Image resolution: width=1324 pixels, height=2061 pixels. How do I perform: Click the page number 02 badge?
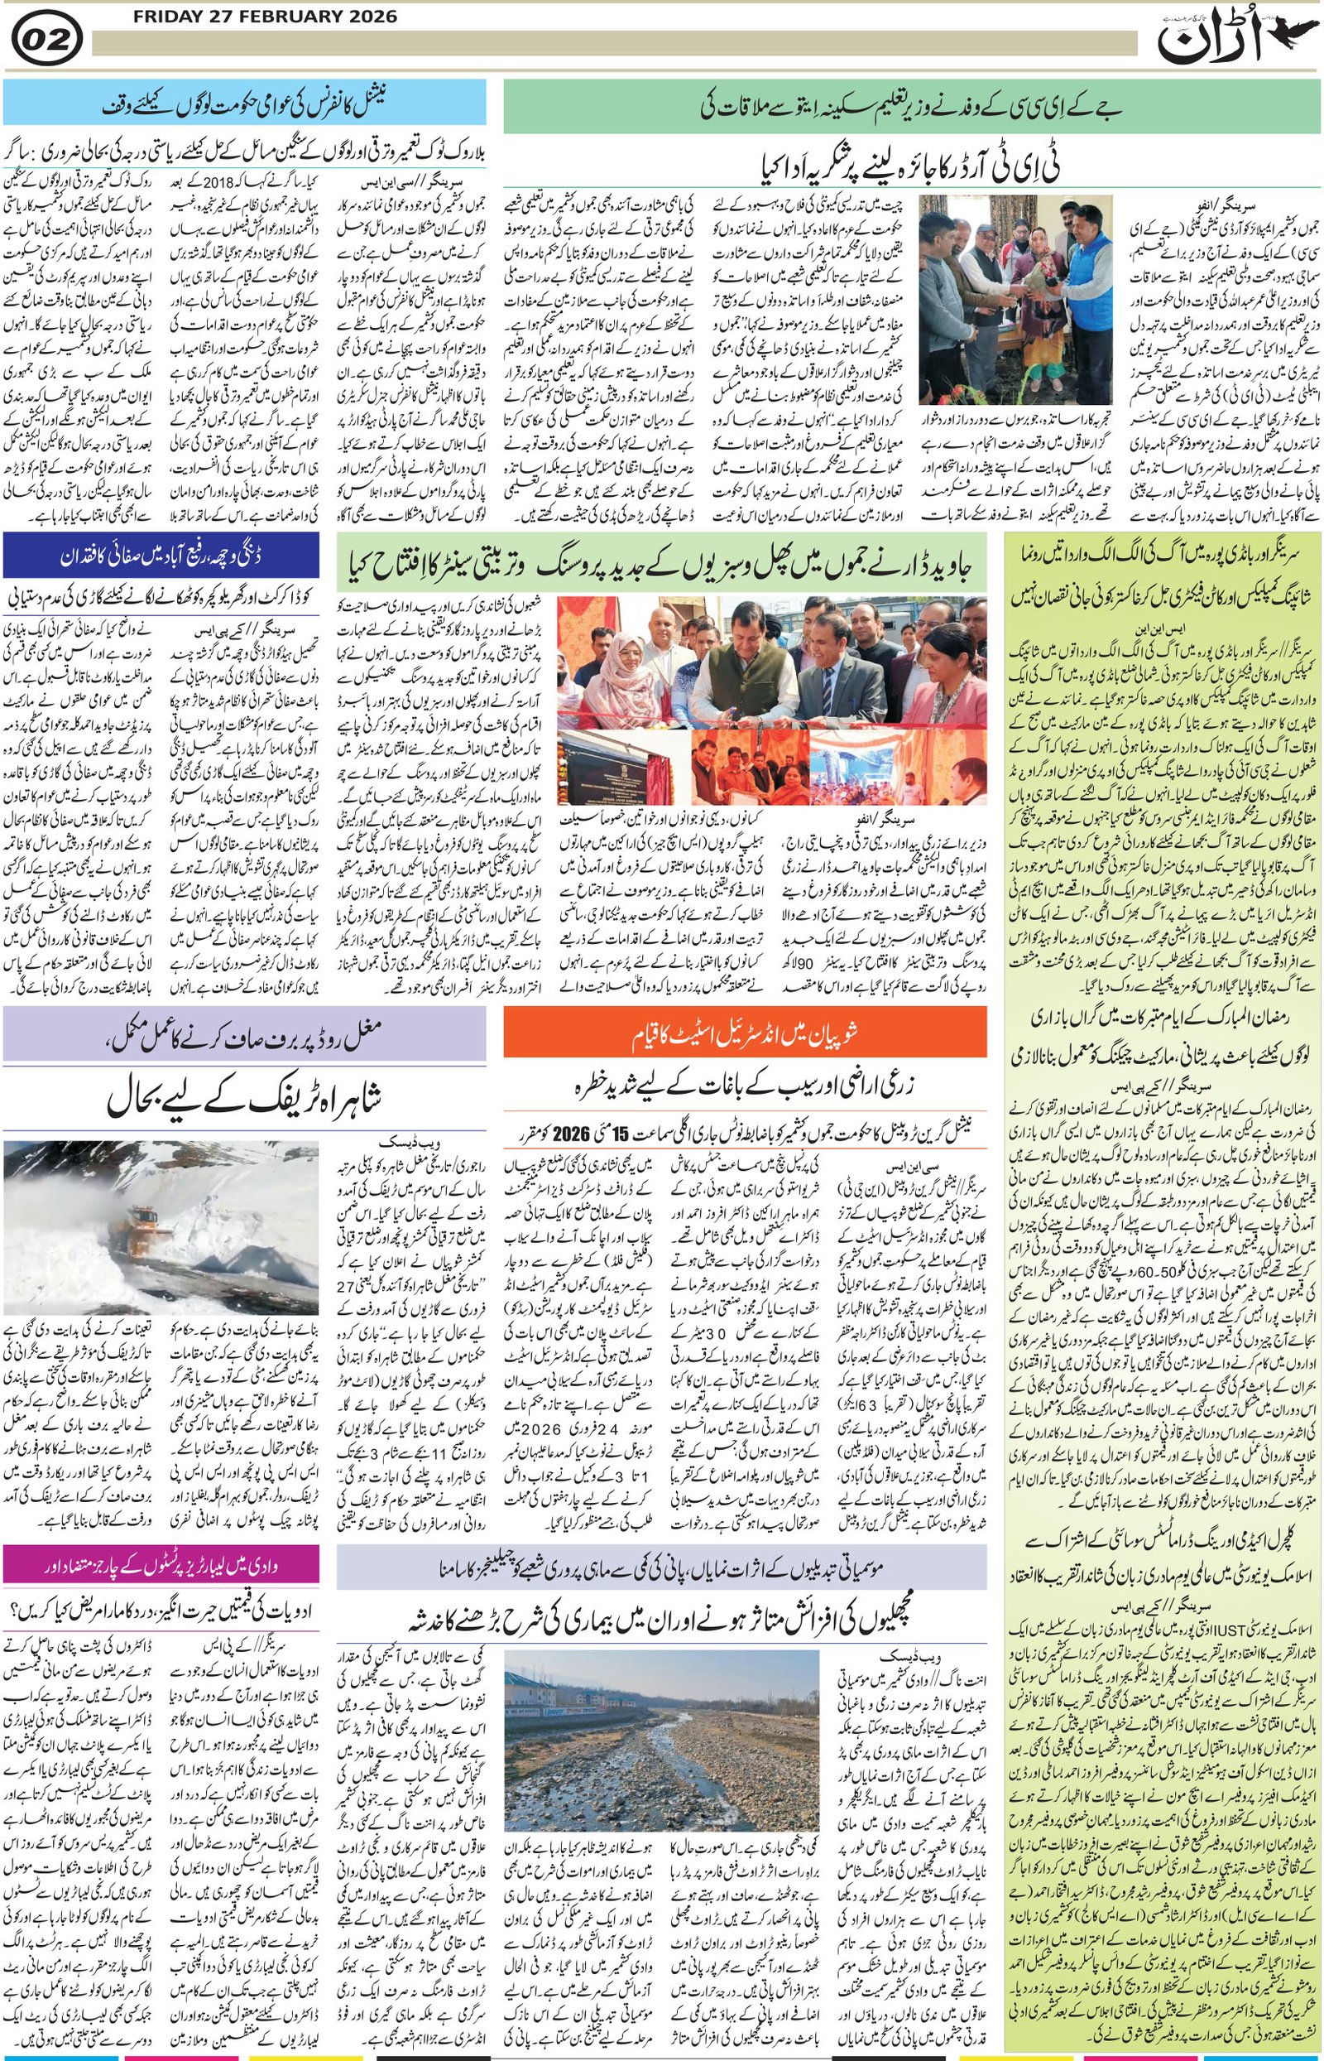tap(48, 41)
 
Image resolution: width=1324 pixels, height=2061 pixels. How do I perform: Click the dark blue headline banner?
tap(161, 556)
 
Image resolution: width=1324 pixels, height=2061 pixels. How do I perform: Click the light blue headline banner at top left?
tap(244, 103)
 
